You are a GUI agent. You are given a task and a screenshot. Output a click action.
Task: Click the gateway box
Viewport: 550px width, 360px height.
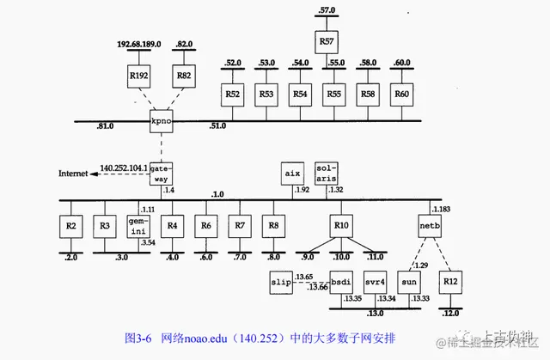coord(161,173)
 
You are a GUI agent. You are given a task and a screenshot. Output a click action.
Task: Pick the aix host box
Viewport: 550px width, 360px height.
coord(292,173)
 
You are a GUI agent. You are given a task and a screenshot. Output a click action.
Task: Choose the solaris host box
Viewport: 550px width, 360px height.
coord(326,173)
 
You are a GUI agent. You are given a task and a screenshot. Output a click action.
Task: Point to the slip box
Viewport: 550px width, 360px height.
coord(283,282)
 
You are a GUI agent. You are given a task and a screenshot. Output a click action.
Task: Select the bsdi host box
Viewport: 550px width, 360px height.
coord(342,282)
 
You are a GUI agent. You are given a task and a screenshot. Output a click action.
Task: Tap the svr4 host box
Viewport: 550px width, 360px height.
coord(375,282)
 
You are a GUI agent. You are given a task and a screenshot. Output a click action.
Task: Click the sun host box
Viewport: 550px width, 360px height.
coord(410,282)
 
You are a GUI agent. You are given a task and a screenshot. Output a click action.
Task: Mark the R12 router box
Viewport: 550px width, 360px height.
coord(449,282)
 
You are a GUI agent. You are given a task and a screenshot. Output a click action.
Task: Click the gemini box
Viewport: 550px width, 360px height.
coord(139,227)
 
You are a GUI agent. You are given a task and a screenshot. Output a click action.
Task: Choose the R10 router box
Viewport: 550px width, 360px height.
coord(342,227)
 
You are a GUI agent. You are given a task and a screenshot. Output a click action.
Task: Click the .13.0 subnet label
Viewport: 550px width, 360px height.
coord(376,314)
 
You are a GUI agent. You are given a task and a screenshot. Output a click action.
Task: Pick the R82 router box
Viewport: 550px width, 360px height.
coord(185,76)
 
